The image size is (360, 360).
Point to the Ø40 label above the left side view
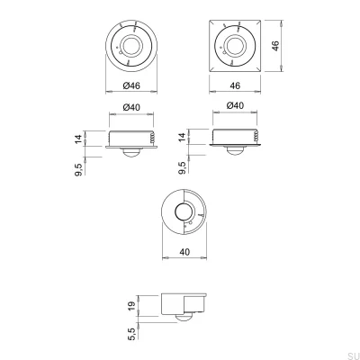tap(131, 106)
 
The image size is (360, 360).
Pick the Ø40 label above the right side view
tap(237, 106)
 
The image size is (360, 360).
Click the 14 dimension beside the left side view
tap(79, 139)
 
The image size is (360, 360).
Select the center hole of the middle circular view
tap(185, 212)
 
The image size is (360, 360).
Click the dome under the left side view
tap(130, 154)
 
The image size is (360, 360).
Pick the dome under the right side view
tap(234, 154)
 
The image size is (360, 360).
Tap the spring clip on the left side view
tap(154, 137)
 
